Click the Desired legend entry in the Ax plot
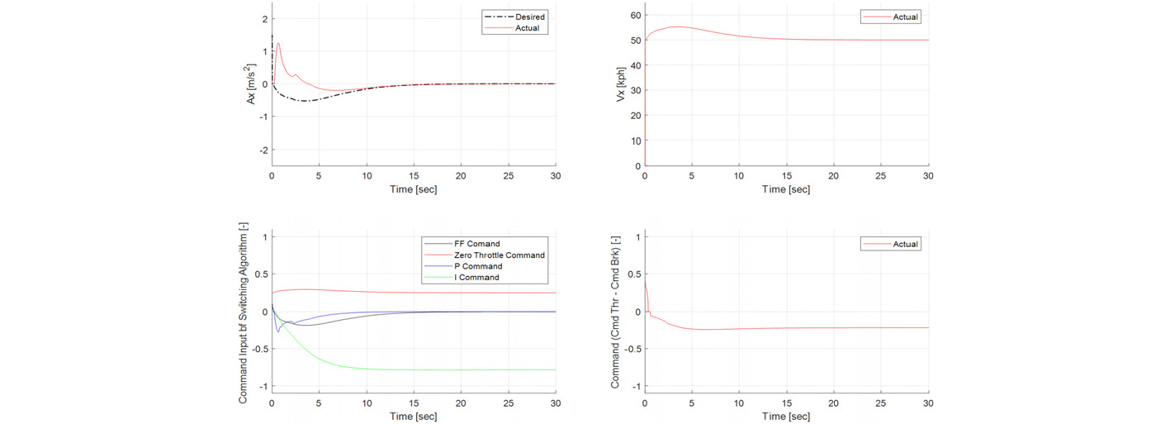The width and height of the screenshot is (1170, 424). click(514, 17)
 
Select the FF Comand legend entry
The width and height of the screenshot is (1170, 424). click(462, 244)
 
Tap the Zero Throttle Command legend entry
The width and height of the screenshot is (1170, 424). click(484, 255)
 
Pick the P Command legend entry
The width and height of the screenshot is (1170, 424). click(463, 266)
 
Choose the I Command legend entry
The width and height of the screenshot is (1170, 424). click(462, 277)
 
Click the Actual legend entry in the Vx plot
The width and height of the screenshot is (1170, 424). click(891, 17)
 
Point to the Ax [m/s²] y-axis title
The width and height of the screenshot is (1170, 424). click(251, 84)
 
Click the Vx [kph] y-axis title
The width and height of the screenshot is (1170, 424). click(621, 84)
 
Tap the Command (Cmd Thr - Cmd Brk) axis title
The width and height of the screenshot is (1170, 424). click(615, 312)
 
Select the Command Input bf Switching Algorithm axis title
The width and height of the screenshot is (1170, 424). click(243, 312)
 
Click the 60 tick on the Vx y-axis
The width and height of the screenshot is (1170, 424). click(636, 15)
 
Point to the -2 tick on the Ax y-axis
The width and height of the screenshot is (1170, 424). click(263, 150)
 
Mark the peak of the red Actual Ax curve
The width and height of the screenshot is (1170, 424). click(278, 44)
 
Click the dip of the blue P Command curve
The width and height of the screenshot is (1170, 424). click(278, 331)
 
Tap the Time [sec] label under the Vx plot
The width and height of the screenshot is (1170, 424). click(786, 189)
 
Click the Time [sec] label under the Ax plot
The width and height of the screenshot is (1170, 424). click(413, 189)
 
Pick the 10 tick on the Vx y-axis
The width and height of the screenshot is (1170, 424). click(636, 141)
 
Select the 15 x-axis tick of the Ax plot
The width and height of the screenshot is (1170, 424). click(414, 176)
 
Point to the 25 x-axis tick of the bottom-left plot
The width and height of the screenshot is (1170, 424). click(509, 403)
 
